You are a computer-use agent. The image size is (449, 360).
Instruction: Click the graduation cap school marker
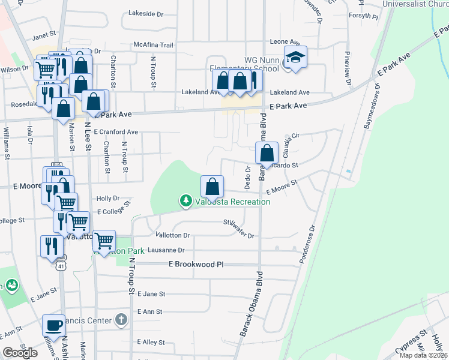coord(295,58)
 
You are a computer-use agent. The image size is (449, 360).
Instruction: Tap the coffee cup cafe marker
coord(53,325)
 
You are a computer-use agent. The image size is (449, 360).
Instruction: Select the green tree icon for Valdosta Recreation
coord(186,201)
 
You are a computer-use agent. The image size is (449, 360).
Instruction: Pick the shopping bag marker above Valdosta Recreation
coord(212,186)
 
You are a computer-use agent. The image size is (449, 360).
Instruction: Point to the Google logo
coord(20,352)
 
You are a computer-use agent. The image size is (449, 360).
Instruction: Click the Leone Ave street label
coord(285,42)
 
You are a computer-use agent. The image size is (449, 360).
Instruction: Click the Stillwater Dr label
coord(239,230)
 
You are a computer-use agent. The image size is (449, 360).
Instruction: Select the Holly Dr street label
coord(108,198)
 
